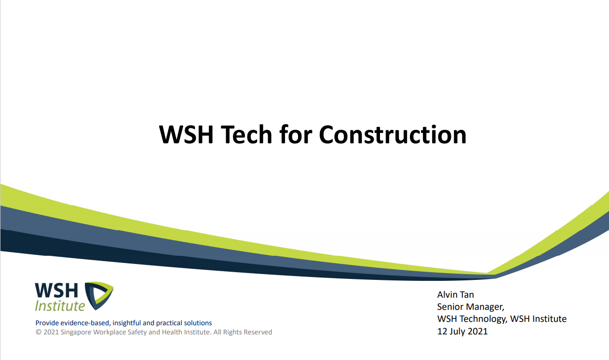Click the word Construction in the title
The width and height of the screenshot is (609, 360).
click(x=392, y=135)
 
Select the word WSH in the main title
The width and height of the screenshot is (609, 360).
click(x=186, y=135)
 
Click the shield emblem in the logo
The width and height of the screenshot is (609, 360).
click(x=99, y=296)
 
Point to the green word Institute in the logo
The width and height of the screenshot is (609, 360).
click(x=60, y=306)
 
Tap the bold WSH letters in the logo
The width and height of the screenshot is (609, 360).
click(x=56, y=290)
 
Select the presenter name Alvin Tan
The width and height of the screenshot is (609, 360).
click(x=455, y=295)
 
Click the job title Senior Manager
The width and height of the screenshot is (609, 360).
click(x=471, y=307)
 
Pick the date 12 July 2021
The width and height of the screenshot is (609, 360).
click(x=462, y=331)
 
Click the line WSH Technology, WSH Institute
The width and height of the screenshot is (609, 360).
click(x=502, y=319)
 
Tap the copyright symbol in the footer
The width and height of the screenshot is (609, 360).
click(x=39, y=332)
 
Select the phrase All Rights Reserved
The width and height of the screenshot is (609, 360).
click(x=243, y=332)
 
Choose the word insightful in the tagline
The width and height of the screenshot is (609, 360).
click(x=127, y=323)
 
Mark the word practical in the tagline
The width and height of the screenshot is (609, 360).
click(x=169, y=323)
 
